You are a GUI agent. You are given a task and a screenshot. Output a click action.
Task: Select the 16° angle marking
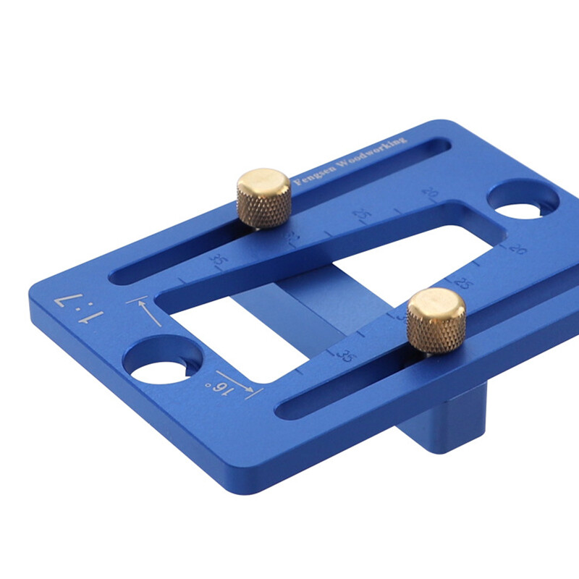coord(222,389)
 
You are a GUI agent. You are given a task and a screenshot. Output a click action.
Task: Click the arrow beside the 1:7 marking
coord(145,310)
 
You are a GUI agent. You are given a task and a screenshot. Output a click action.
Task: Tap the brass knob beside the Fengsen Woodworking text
coord(264,198)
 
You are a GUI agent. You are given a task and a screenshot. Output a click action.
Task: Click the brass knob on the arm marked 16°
coord(436,320)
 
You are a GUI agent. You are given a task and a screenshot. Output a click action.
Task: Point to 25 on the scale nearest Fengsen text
coord(360,216)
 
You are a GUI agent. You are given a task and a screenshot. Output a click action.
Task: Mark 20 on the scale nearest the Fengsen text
coord(431,193)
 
